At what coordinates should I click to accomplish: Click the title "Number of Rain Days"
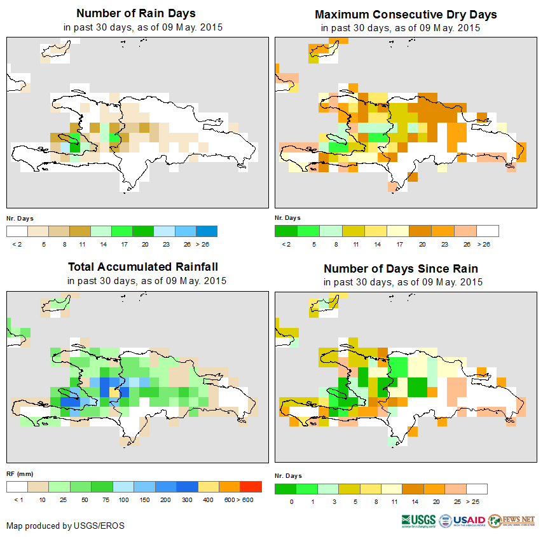(135, 13)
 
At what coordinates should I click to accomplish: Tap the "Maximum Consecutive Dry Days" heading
(406, 14)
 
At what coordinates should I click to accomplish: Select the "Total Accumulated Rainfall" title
(138, 267)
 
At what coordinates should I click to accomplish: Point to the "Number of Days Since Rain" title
(401, 268)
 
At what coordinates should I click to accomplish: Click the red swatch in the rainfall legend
(251, 487)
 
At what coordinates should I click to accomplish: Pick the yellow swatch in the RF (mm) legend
(209, 487)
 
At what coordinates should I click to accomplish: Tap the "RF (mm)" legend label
(19, 473)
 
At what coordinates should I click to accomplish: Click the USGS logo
(418, 520)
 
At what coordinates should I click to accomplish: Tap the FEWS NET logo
(512, 520)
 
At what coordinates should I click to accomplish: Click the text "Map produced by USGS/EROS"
(65, 526)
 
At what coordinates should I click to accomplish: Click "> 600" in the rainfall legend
(245, 500)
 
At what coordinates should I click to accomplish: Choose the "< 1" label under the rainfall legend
(17, 500)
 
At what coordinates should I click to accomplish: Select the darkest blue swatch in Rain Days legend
(207, 231)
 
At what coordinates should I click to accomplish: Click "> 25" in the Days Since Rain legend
(477, 502)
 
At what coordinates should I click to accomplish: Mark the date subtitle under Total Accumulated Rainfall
(147, 280)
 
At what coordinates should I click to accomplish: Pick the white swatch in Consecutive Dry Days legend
(488, 231)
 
